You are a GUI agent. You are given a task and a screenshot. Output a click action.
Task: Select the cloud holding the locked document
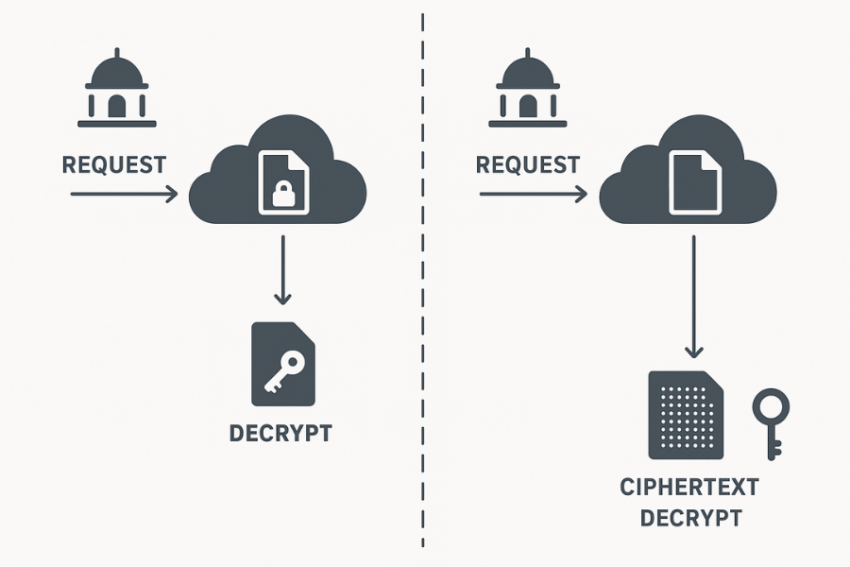tap(227, 184)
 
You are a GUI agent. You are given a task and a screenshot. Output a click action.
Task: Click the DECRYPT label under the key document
tap(280, 434)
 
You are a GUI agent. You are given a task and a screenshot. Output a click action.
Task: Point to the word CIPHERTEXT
tap(689, 489)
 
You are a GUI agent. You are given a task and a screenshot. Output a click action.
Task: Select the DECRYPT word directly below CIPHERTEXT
tap(689, 518)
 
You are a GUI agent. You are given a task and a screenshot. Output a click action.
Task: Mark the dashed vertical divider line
tap(422, 283)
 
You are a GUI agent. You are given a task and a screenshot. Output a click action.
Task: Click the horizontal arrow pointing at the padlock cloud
tap(123, 195)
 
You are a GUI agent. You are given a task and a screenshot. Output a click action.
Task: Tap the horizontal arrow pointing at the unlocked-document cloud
tap(532, 195)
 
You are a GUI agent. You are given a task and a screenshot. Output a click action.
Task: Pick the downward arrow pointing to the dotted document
tap(693, 298)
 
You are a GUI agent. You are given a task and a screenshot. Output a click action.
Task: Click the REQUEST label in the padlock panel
tap(113, 165)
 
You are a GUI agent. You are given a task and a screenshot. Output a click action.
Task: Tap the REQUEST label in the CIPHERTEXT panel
tap(527, 165)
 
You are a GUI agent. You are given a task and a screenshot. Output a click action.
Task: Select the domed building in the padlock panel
tap(116, 91)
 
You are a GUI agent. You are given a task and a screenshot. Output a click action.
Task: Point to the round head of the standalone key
tap(770, 407)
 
